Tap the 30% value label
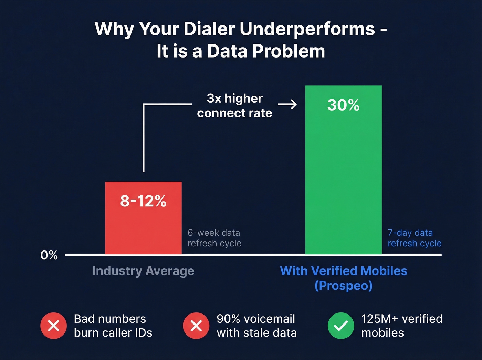tap(343, 105)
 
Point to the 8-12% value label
tap(143, 201)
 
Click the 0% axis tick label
tap(49, 255)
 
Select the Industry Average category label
tap(143, 271)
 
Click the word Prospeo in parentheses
tap(343, 286)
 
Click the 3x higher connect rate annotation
tap(235, 106)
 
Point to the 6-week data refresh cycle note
tap(214, 238)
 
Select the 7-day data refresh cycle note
tap(414, 238)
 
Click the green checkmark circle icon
tap(340, 326)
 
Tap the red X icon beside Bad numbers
tap(53, 326)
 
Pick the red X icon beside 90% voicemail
tap(196, 326)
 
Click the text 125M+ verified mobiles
tap(401, 326)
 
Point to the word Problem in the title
tap(289, 51)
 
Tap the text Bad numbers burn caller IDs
tap(113, 326)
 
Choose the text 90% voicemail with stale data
tap(256, 326)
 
